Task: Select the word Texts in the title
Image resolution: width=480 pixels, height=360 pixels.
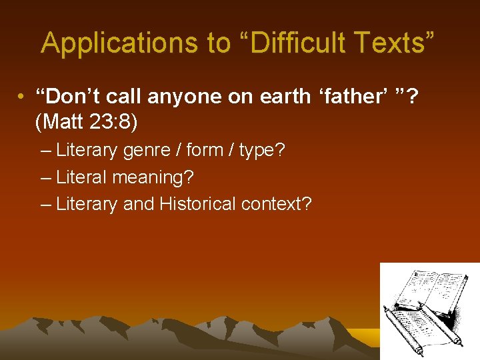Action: coord(398,43)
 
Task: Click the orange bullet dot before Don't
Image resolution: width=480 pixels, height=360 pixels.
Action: coord(22,97)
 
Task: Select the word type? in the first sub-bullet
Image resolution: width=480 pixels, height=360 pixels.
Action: coord(262,150)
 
